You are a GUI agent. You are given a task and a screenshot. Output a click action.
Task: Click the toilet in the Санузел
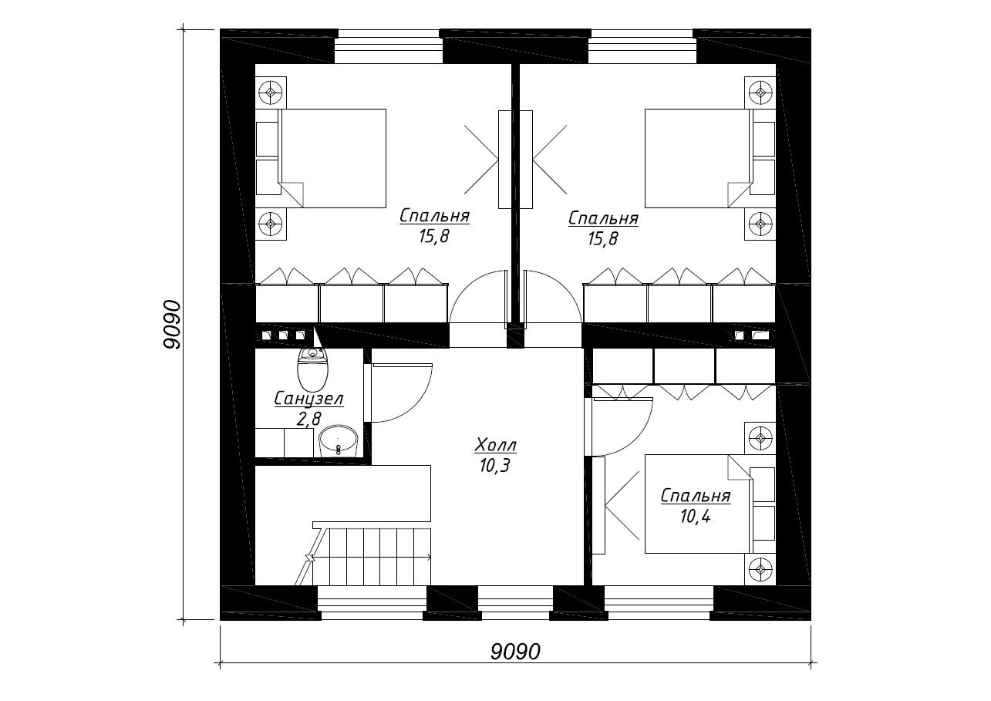pos(313,372)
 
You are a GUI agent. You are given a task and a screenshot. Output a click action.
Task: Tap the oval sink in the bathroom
pos(338,441)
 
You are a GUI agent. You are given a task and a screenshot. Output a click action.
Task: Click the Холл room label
pos(495,446)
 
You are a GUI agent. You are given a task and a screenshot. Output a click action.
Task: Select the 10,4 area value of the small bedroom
pos(695,517)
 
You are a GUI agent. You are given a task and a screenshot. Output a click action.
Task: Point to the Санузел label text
pos(308,399)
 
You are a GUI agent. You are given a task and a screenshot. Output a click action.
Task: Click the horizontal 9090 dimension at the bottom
pos(515,652)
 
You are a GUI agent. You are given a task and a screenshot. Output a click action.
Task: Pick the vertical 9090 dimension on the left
pos(172,325)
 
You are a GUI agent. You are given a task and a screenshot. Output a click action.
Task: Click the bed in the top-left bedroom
pos(332,158)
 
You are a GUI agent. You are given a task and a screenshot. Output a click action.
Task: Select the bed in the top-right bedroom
pos(699,158)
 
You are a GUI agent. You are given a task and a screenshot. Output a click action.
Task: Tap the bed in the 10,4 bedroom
pos(699,504)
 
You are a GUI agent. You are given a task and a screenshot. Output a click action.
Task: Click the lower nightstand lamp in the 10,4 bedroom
pos(760,569)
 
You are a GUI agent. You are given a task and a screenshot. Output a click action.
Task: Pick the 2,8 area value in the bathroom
pos(308,418)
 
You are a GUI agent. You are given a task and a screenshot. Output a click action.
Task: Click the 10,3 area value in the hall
pos(494,465)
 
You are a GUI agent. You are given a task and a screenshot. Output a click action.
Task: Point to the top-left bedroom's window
pos(389,46)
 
